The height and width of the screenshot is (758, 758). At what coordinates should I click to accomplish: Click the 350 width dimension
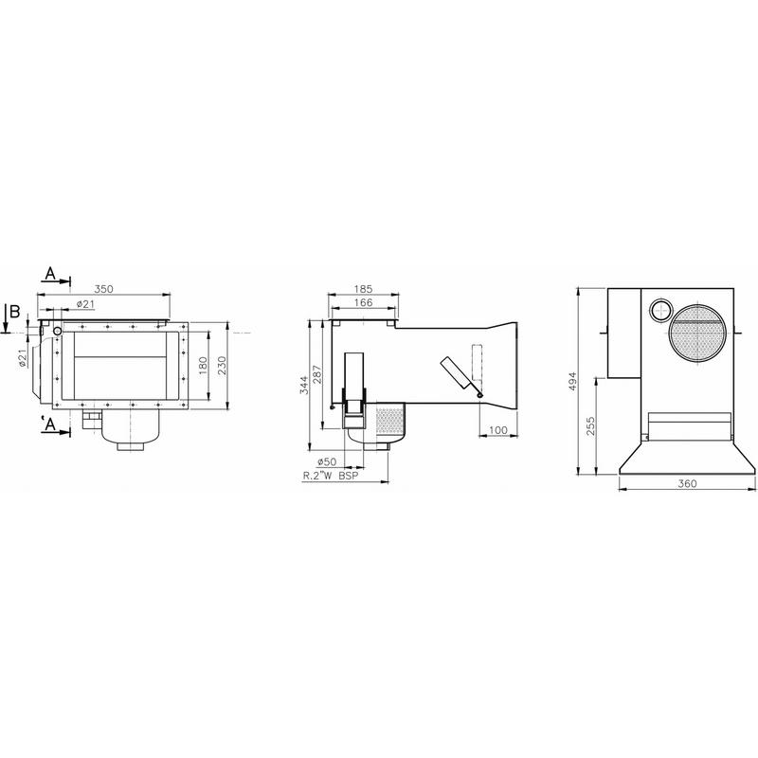[103, 289]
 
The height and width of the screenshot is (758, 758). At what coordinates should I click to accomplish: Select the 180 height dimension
[203, 365]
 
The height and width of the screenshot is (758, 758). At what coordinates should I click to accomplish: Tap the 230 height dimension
[222, 365]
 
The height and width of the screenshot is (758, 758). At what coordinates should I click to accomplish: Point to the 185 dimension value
[363, 289]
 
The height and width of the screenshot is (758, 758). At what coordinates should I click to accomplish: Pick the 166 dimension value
[363, 302]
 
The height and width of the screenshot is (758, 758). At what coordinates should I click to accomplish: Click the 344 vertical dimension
[303, 385]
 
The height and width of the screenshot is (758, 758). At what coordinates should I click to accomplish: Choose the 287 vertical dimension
[317, 374]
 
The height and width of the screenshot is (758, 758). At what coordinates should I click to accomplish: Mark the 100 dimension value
[498, 430]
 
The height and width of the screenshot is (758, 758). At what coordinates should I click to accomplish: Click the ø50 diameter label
[327, 461]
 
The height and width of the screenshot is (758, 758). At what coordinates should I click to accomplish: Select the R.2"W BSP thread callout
[331, 476]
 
